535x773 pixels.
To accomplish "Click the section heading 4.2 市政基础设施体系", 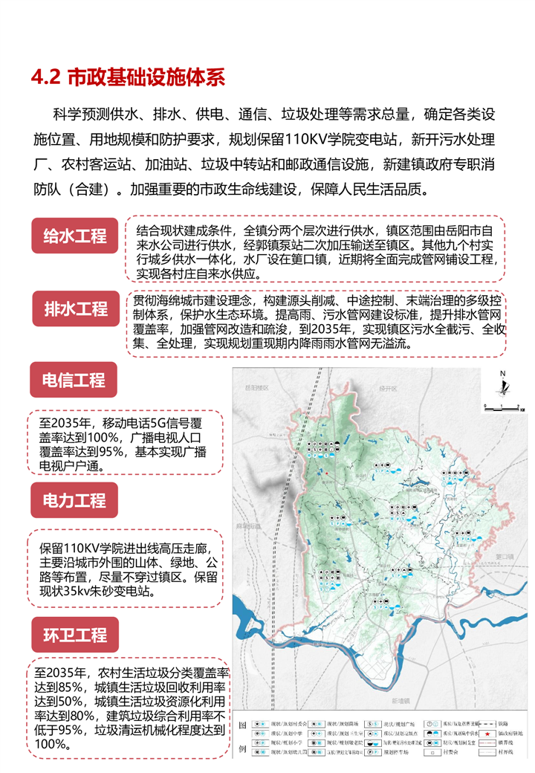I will click(127, 77).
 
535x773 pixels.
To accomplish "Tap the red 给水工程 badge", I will click(75, 236).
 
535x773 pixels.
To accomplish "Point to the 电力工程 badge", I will click(73, 499).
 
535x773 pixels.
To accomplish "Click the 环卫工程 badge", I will click(73, 635).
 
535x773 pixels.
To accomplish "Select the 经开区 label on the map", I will click(389, 388).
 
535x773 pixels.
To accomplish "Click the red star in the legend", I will click(487, 735).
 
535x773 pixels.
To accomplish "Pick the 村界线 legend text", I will click(507, 752).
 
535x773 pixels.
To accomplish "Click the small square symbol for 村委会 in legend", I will click(444, 752).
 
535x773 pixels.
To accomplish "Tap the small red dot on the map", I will click(326, 472).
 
